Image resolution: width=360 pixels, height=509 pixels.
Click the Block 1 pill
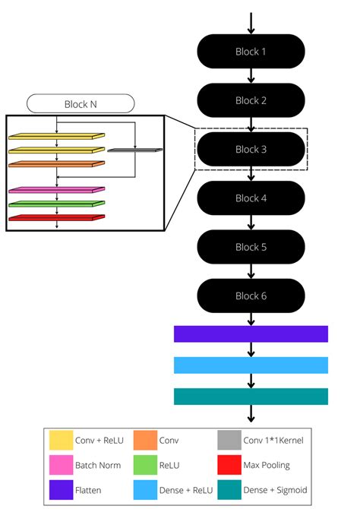click(251, 52)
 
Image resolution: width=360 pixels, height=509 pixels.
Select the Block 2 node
click(251, 100)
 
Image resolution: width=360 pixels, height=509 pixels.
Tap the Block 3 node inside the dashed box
click(251, 150)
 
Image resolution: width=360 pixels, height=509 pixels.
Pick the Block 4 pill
click(251, 198)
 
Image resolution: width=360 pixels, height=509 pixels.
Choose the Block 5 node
click(251, 247)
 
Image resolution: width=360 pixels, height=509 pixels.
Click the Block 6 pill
click(251, 296)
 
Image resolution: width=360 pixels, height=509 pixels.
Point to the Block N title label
click(81, 103)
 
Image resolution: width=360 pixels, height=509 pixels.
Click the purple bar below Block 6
click(251, 334)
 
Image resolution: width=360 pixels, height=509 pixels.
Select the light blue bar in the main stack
click(251, 365)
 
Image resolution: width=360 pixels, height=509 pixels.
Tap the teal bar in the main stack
click(251, 397)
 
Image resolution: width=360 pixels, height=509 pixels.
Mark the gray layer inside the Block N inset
click(134, 150)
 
